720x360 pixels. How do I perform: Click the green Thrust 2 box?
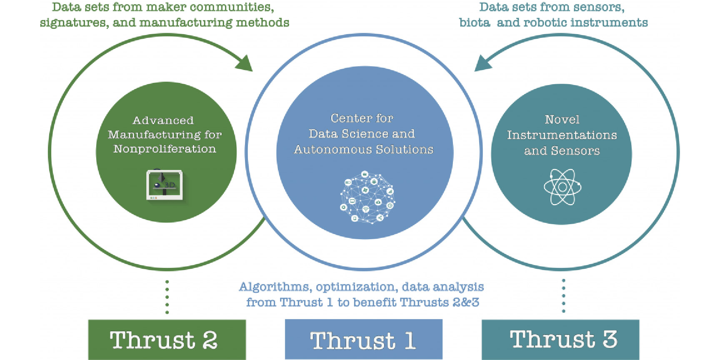(x=167, y=339)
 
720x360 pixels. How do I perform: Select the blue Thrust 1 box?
(x=363, y=339)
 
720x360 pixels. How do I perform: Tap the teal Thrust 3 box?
(x=560, y=339)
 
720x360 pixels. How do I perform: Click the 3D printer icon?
(x=165, y=185)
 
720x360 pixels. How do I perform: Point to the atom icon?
(x=562, y=187)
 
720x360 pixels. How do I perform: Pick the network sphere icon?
(x=367, y=197)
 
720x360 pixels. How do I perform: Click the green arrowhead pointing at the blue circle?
(x=245, y=64)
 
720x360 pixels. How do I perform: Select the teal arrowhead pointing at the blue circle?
(x=483, y=63)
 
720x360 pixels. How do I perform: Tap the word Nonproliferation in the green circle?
(x=165, y=149)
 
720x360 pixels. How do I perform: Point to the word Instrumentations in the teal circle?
(x=562, y=135)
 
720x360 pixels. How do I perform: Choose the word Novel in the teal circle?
(x=562, y=120)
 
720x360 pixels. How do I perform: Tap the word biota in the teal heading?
(x=475, y=22)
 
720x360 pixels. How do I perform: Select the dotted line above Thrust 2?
(x=167, y=297)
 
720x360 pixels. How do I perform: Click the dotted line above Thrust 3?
(x=564, y=296)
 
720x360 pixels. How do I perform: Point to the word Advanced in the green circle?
(x=163, y=120)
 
